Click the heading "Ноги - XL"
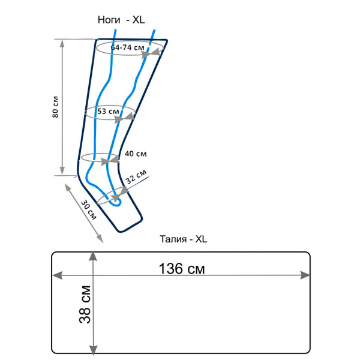click(x=121, y=20)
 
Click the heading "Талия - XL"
click(x=183, y=239)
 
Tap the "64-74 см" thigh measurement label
click(x=128, y=47)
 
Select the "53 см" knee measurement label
click(x=109, y=112)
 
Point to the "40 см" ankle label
click(x=136, y=154)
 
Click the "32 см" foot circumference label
click(x=136, y=177)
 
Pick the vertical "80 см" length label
click(x=55, y=107)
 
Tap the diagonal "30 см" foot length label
click(x=89, y=209)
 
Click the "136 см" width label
click(x=182, y=268)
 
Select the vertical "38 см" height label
click(x=85, y=305)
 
